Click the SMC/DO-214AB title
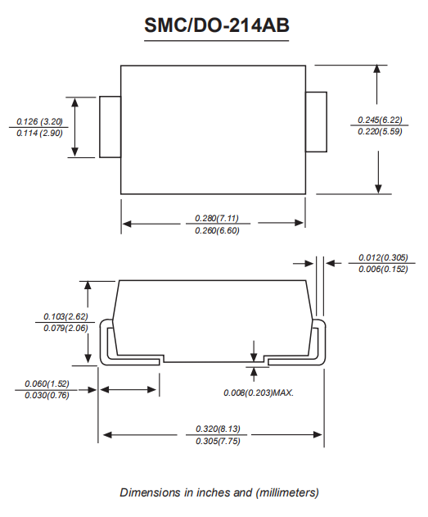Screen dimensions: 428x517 [217, 25]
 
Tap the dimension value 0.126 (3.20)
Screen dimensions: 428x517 [39, 121]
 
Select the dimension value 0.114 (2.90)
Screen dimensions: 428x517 [39, 134]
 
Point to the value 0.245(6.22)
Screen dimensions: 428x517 [380, 120]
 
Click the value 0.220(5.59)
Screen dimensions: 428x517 [380, 132]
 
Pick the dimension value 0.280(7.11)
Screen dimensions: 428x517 [217, 218]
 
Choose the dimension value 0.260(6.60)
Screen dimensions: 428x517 [217, 230]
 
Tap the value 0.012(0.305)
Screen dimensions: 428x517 [383, 257]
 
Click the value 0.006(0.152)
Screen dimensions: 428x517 [383, 270]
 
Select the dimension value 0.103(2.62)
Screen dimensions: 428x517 [65, 316]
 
